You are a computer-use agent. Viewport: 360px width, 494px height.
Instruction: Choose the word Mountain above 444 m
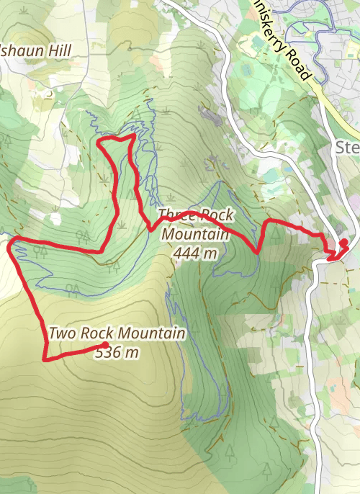(x=196, y=234)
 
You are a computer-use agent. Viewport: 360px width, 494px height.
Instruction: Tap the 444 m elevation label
(x=195, y=252)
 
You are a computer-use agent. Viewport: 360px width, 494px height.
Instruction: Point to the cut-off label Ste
(x=348, y=148)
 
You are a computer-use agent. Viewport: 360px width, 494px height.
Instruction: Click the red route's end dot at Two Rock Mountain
(x=106, y=344)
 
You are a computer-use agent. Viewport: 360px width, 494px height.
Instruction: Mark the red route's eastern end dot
(x=343, y=242)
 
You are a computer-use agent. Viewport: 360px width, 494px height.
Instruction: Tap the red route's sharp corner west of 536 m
(x=45, y=358)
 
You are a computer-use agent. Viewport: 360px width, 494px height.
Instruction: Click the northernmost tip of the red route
(x=134, y=135)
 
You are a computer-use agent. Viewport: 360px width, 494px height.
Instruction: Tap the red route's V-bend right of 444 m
(x=257, y=252)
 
